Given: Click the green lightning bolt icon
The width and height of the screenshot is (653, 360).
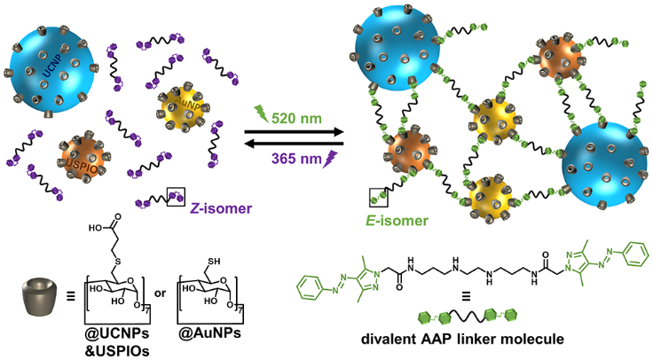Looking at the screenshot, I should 263,112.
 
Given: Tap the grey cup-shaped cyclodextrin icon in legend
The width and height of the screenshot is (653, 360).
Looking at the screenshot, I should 41,292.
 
